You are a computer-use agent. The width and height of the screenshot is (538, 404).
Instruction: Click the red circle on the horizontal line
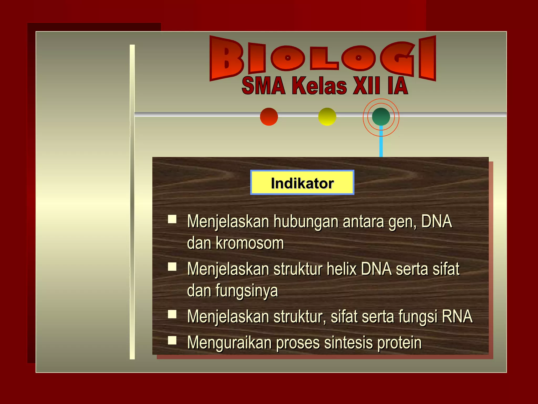[269, 117]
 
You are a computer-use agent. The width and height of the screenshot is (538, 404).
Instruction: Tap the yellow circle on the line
[327, 117]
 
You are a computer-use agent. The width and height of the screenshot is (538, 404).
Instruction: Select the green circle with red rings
[381, 117]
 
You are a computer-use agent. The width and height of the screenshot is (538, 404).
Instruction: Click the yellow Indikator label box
[302, 183]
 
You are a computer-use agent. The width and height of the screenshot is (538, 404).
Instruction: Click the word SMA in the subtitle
[263, 86]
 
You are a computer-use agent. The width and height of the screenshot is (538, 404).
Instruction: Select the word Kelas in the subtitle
[319, 86]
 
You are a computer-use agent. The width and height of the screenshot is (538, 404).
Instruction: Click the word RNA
[457, 316]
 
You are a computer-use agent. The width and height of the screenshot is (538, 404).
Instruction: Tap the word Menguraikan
[229, 343]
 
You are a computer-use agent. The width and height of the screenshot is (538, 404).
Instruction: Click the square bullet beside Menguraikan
[172, 340]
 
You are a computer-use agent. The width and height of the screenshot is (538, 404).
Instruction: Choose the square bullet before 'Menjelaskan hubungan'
[172, 219]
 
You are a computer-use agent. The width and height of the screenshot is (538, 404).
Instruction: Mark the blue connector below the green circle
[381, 143]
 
